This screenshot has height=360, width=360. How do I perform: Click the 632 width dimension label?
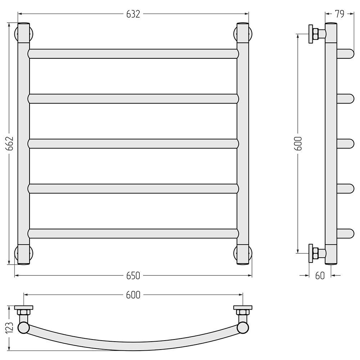click(x=133, y=14)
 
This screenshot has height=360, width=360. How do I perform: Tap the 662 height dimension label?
click(x=10, y=144)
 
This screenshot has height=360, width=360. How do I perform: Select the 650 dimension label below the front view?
click(x=133, y=276)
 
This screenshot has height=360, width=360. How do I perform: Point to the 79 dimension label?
click(x=340, y=14)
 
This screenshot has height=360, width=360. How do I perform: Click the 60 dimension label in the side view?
click(x=320, y=276)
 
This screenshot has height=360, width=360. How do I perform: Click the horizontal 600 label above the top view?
click(x=133, y=295)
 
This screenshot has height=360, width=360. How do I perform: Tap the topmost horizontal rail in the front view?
click(x=133, y=54)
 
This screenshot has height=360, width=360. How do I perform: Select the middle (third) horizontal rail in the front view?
click(x=133, y=144)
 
